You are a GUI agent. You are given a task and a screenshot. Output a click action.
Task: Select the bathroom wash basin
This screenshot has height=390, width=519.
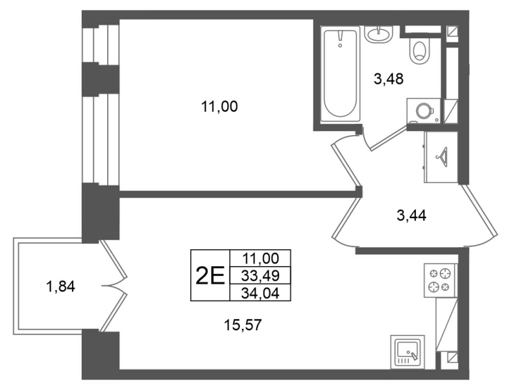[x=379, y=34]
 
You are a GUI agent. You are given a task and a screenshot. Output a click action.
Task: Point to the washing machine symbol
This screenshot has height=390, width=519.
[x=424, y=110]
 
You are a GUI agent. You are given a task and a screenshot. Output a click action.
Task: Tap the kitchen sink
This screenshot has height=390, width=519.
[x=407, y=352]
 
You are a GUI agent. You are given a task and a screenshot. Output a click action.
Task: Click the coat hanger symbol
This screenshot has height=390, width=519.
[x=442, y=155]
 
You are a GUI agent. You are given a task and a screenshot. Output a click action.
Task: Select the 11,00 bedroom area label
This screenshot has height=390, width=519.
[x=219, y=107]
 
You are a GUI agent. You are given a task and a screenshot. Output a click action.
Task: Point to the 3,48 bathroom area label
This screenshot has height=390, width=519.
[x=389, y=79]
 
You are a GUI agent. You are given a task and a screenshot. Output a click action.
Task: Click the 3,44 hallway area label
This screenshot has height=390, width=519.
[x=411, y=216]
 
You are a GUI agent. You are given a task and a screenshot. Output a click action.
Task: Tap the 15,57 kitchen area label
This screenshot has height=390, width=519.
[x=243, y=325]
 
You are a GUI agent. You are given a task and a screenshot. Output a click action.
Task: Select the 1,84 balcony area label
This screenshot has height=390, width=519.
[x=61, y=286]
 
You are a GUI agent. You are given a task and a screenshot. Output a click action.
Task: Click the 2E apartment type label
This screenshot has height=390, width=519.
[x=210, y=276]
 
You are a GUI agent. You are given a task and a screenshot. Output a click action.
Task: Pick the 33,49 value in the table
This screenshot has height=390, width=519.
[x=260, y=275]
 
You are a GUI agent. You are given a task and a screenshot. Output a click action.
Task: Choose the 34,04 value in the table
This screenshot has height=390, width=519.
[x=260, y=293]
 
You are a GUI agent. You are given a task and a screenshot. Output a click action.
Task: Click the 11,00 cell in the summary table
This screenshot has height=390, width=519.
[x=260, y=258]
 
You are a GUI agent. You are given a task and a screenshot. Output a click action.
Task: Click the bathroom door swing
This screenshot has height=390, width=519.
[x=384, y=139]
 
